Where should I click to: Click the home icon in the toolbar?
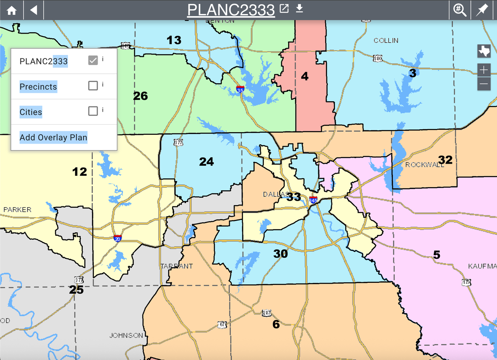point(11,10)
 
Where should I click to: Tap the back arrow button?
point(34,10)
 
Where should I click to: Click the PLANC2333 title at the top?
point(231,10)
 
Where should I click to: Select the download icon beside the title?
point(299,9)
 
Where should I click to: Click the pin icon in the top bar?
point(482,10)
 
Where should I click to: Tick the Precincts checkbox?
point(93,86)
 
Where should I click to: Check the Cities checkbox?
point(93,111)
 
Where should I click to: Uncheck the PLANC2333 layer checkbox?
point(93,61)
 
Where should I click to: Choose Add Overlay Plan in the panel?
point(53,137)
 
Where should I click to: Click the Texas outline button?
point(484,51)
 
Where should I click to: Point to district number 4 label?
point(304,76)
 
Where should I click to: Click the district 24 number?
point(206,162)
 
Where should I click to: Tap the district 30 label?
point(280,254)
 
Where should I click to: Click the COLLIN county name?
point(386,41)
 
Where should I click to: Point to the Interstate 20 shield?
point(118,238)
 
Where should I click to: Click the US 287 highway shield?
point(267,313)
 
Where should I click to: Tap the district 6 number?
point(276,324)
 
